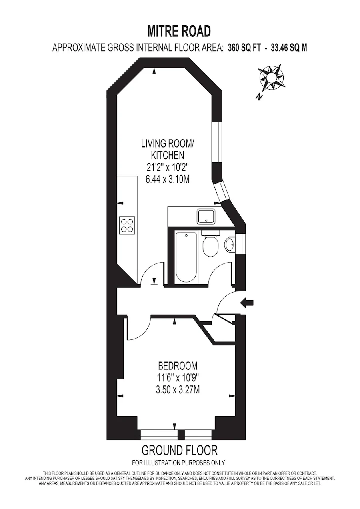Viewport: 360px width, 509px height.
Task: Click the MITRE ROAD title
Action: pyautogui.click(x=179, y=31)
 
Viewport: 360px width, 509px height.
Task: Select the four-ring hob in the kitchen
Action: pyautogui.click(x=127, y=225)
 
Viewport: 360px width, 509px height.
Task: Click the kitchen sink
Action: pyautogui.click(x=206, y=216)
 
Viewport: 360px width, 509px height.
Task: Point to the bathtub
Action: pyautogui.click(x=186, y=257)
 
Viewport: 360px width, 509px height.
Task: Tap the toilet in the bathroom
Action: pyautogui.click(x=211, y=244)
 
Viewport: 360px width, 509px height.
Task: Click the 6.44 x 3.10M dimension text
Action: pyautogui.click(x=168, y=180)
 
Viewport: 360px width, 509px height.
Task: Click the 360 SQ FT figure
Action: pyautogui.click(x=244, y=48)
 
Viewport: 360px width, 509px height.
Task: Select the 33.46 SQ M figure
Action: pyautogui.click(x=289, y=48)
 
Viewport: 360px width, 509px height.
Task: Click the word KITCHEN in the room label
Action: pyautogui.click(x=168, y=156)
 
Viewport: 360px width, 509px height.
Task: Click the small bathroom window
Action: pyautogui.click(x=240, y=244)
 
